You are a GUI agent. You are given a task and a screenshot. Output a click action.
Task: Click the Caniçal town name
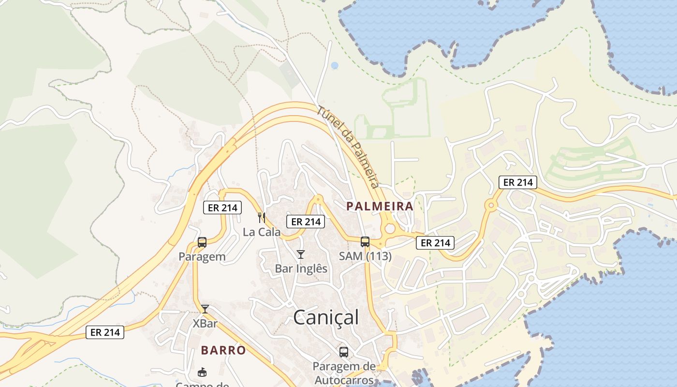(326, 317)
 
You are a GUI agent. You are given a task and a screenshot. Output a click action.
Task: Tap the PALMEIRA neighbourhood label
(380, 206)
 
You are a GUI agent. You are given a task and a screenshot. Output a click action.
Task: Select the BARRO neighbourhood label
(223, 350)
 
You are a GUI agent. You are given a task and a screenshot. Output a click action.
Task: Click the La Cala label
(262, 232)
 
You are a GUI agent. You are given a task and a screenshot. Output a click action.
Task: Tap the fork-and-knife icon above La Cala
(262, 218)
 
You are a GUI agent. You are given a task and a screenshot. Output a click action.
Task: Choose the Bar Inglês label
(301, 268)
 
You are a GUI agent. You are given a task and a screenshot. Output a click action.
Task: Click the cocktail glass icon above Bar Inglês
(301, 254)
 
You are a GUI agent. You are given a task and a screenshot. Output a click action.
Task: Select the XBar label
(205, 323)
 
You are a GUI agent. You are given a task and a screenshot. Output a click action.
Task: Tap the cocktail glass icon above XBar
(205, 309)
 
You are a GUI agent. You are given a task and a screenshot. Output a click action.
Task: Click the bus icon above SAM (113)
(365, 242)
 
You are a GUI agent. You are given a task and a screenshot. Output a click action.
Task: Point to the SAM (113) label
(365, 256)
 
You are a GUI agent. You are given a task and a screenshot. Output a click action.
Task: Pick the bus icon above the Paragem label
(202, 242)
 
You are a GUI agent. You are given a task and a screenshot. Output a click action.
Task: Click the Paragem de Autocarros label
(344, 372)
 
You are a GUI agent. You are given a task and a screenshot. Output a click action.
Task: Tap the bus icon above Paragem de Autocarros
(344, 352)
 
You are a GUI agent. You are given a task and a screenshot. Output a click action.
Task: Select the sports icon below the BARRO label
(202, 372)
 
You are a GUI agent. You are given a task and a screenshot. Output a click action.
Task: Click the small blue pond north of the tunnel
(335, 65)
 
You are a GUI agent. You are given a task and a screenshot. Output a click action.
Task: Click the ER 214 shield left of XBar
(105, 332)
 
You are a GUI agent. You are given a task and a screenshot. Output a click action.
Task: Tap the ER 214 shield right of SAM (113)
(435, 243)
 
